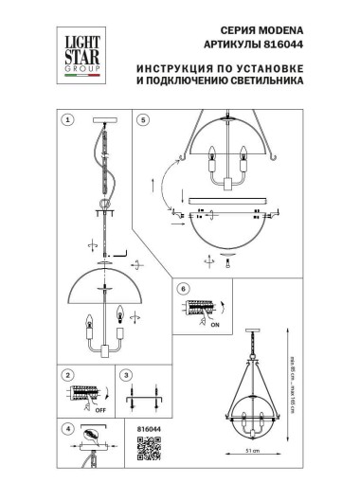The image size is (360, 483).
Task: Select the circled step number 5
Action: point(142,120)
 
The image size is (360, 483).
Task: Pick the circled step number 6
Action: point(185,288)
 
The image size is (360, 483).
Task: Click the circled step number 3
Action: point(126,375)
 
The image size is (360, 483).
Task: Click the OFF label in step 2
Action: point(99,410)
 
